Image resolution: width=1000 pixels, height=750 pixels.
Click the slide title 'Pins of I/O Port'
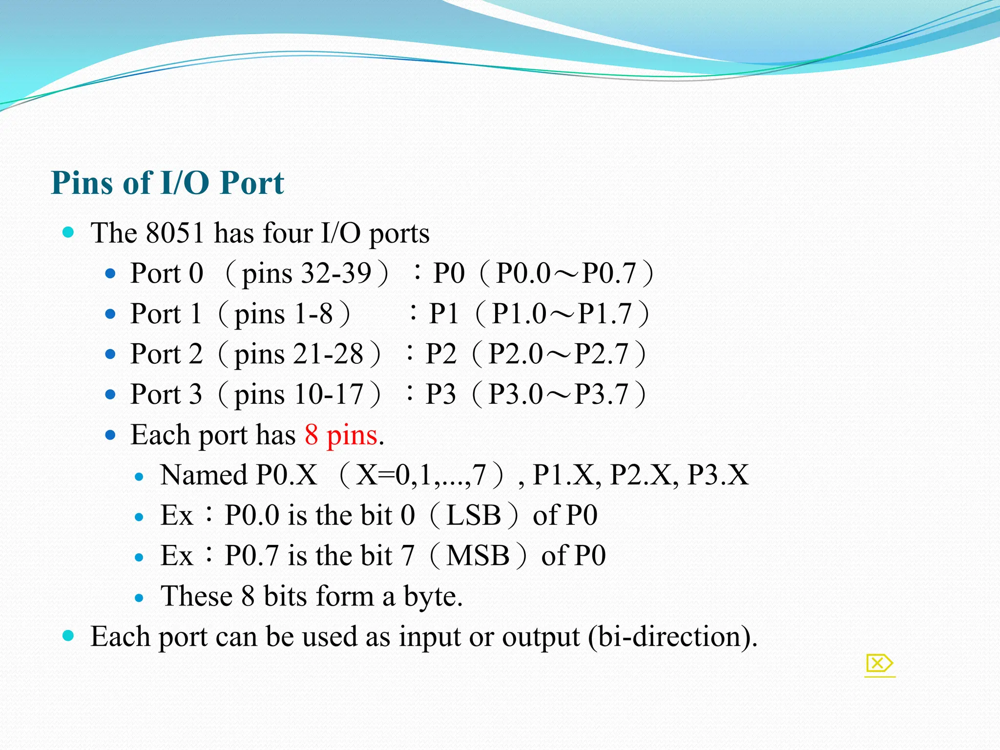tap(167, 183)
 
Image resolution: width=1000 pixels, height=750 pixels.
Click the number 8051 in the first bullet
tap(175, 233)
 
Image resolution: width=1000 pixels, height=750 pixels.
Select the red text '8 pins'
tap(341, 435)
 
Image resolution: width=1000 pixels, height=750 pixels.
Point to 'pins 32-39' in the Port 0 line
tap(307, 273)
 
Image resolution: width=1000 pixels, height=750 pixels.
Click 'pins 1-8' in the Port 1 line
tap(284, 313)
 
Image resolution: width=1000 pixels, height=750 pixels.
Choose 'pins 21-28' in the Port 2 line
tap(299, 354)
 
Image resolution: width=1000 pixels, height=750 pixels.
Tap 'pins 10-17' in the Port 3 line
tap(299, 395)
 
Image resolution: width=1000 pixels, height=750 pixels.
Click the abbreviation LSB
tap(474, 515)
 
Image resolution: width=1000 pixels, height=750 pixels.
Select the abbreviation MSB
tap(478, 556)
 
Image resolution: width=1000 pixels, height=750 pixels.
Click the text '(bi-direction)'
tap(672, 637)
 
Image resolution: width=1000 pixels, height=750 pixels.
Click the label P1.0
tap(519, 313)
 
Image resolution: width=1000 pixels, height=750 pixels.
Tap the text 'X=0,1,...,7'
tap(421, 475)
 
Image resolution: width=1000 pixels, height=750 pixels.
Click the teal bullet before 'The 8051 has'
tap(68, 232)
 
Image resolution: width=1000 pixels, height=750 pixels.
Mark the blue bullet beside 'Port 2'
tap(110, 354)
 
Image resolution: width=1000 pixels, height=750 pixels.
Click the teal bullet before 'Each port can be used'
tap(68, 635)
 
